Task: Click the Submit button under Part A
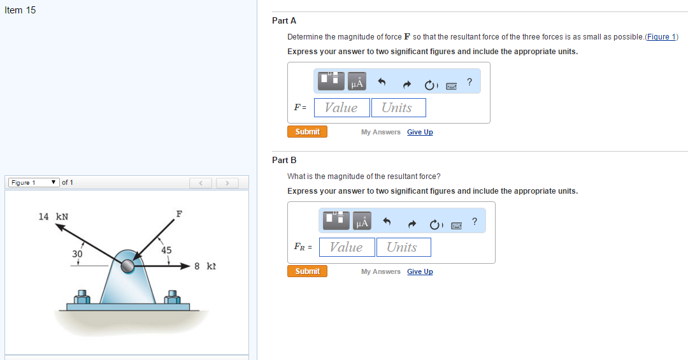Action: click(x=307, y=132)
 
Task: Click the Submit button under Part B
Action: click(x=307, y=271)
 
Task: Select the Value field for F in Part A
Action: click(x=342, y=108)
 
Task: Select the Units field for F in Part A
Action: click(x=398, y=108)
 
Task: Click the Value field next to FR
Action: click(x=347, y=247)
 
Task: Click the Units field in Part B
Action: click(x=404, y=247)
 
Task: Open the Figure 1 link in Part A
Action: click(x=661, y=37)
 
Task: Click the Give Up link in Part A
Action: click(x=420, y=132)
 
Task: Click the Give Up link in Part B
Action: click(x=420, y=272)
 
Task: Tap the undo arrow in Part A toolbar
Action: click(x=382, y=82)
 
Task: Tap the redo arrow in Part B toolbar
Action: click(x=412, y=224)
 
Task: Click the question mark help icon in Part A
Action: click(x=469, y=82)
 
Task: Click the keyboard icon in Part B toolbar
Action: click(x=456, y=226)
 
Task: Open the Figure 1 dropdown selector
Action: click(x=34, y=183)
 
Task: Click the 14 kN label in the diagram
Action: click(x=53, y=217)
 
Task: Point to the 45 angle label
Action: click(x=166, y=250)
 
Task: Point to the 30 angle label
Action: click(x=77, y=254)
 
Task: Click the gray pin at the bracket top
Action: click(x=127, y=266)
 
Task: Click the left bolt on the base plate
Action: click(x=82, y=297)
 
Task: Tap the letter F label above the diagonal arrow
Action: click(x=179, y=214)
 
